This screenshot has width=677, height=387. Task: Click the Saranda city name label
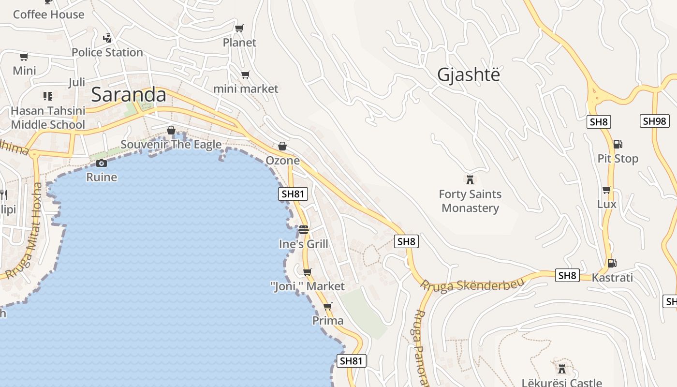click(129, 94)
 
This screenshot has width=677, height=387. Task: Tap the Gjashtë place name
click(468, 74)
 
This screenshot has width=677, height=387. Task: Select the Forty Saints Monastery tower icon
click(470, 180)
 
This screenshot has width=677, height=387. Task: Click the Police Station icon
click(107, 38)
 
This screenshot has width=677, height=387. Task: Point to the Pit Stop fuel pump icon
click(618, 144)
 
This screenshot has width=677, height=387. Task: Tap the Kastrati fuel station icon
click(612, 263)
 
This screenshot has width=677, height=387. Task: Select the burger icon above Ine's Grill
click(304, 229)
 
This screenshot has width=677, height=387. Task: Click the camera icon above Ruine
click(101, 163)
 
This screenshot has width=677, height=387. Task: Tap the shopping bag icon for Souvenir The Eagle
click(171, 130)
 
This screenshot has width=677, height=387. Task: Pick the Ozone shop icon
click(282, 146)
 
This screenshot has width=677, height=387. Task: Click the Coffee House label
click(48, 15)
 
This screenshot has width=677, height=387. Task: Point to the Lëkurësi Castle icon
click(562, 369)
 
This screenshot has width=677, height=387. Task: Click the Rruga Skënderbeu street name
click(472, 284)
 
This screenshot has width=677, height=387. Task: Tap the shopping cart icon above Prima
click(328, 306)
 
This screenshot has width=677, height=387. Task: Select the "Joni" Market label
click(308, 286)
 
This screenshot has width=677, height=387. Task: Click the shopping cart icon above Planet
click(239, 29)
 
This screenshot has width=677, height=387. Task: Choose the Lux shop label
click(607, 204)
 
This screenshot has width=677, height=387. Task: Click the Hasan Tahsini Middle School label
click(48, 118)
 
